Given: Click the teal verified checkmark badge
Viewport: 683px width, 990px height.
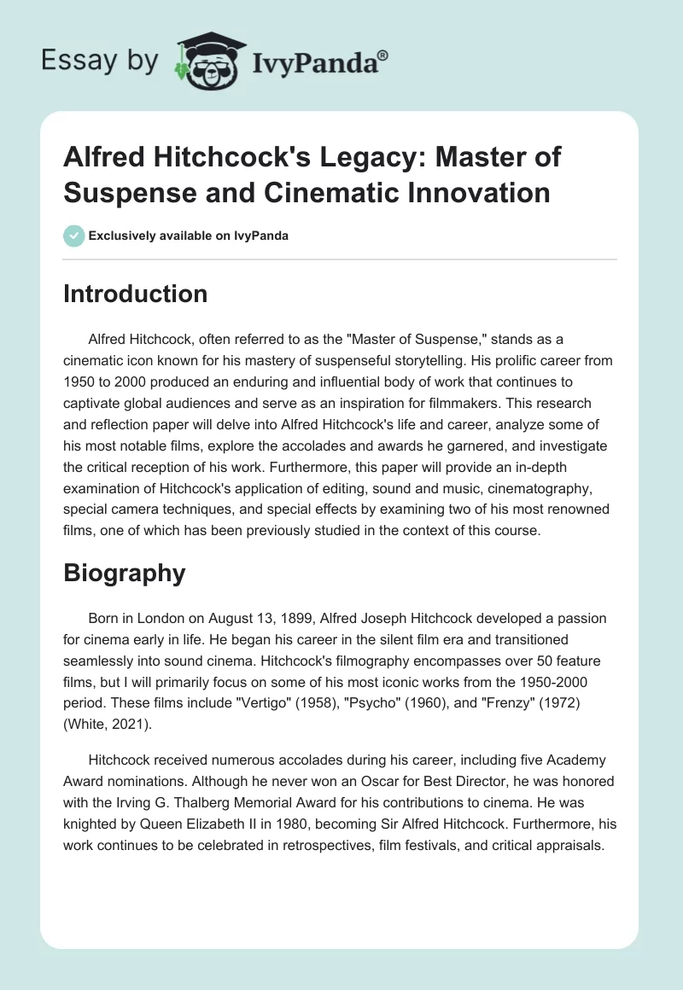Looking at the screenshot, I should tap(74, 236).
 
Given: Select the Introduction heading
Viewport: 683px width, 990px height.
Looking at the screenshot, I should tap(136, 294).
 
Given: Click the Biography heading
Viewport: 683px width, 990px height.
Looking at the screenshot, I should tap(125, 574).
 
